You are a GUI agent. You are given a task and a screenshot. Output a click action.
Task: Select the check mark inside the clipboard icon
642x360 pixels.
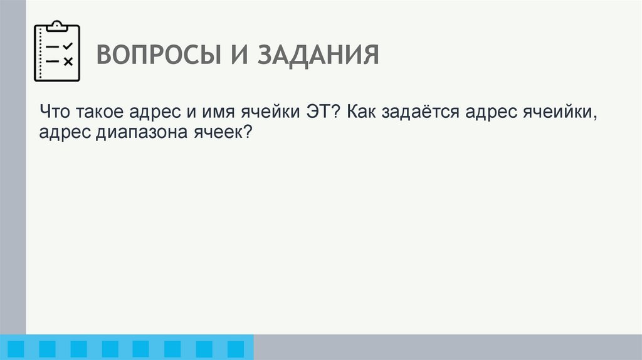click(x=68, y=46)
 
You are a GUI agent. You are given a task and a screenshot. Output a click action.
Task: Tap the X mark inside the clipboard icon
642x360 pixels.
click(x=68, y=61)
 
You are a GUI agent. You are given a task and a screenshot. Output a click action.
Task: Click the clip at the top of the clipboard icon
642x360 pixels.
click(x=57, y=26)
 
